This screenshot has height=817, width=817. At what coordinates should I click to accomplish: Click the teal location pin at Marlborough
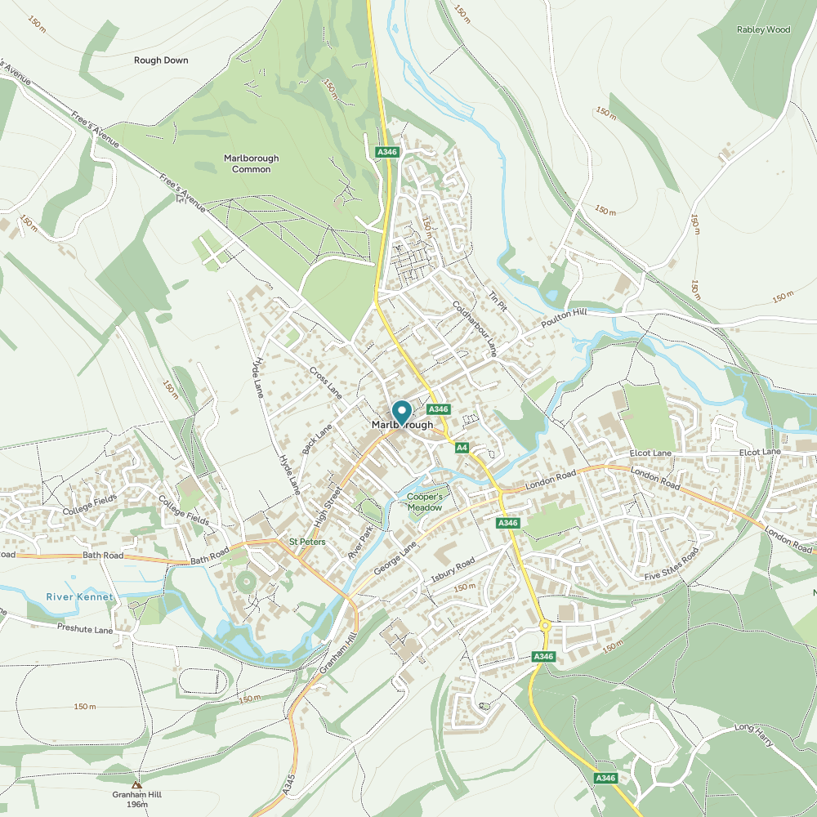click(402, 411)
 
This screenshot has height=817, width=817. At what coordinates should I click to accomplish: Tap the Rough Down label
click(161, 60)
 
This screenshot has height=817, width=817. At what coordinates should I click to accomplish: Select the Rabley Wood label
click(763, 29)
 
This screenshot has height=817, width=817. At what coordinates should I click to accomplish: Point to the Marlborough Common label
click(251, 163)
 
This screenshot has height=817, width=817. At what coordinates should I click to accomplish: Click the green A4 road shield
click(462, 447)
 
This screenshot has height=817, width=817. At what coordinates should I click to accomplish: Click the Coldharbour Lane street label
click(475, 328)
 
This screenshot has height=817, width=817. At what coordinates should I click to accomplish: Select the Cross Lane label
click(325, 382)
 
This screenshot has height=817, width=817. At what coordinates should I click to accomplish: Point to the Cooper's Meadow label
click(425, 502)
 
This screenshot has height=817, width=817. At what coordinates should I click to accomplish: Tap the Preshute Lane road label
click(85, 628)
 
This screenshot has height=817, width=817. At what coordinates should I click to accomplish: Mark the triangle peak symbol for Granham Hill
click(136, 784)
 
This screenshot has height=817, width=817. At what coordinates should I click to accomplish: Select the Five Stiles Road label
click(671, 565)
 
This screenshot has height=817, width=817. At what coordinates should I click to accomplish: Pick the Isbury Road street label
click(453, 573)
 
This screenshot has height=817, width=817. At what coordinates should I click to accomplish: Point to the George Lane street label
click(395, 556)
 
